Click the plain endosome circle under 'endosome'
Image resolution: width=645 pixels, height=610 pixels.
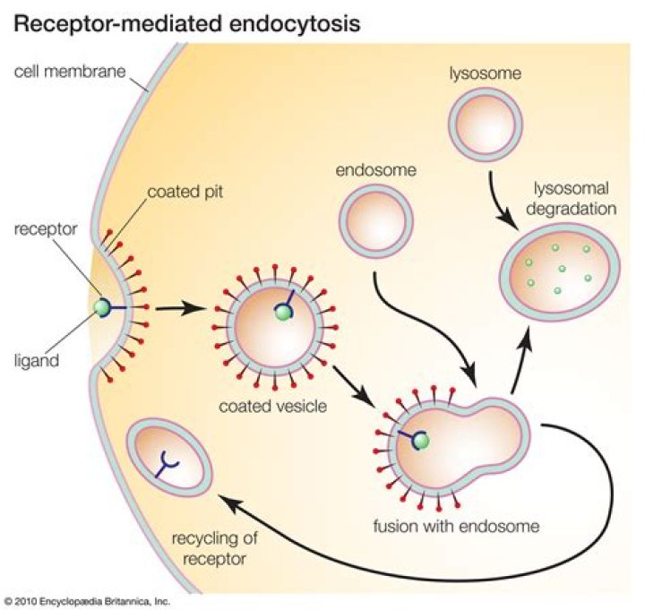[x=376, y=219]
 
